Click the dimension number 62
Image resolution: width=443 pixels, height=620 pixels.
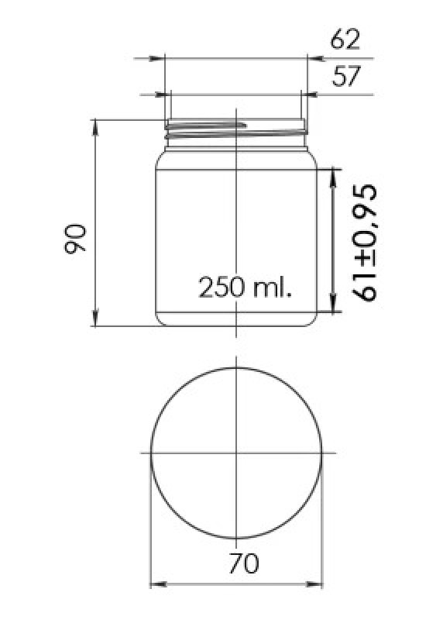345,39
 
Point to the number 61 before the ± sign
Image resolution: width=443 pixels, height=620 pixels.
364,285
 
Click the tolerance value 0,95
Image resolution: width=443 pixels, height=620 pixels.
364,217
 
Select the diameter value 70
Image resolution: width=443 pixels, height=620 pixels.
243,563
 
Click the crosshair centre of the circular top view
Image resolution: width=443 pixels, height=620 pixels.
236,452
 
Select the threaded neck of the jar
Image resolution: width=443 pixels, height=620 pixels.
236,132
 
